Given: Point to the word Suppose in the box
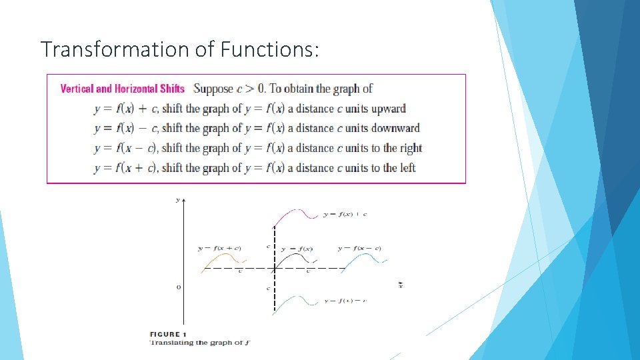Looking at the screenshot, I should click(x=213, y=89).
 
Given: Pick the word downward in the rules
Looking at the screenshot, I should click(x=395, y=128).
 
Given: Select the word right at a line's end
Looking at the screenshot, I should click(x=411, y=148).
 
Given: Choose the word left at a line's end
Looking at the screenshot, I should click(x=407, y=168).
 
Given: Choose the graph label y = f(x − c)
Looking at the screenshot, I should click(x=359, y=249).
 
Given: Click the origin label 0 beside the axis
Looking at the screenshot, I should click(x=178, y=287).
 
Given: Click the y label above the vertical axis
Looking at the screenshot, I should click(x=177, y=199).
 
